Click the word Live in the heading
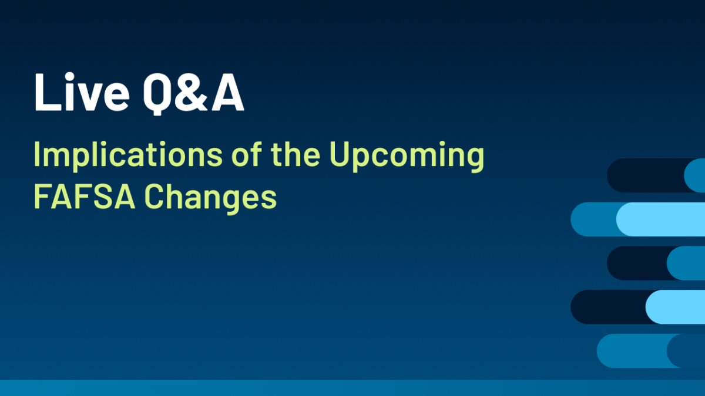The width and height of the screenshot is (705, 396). coord(82,92)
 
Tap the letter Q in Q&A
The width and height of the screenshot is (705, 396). coord(158,94)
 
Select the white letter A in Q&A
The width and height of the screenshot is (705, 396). coord(228,93)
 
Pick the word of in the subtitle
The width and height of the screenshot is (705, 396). coord(246,153)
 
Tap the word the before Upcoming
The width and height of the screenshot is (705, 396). coord(296,154)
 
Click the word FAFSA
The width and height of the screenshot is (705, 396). coord(85,197)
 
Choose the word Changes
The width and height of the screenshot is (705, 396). coord(210,199)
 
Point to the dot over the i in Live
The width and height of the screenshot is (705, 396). coord(69,77)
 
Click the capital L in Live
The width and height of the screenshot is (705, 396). coord(48,93)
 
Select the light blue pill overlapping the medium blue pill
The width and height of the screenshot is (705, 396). coord(660,219)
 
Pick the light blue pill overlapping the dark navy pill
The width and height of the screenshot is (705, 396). coord(676,307)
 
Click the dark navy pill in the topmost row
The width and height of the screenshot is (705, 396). coord(645,175)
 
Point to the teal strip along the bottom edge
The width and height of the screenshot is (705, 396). coord(352,388)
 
